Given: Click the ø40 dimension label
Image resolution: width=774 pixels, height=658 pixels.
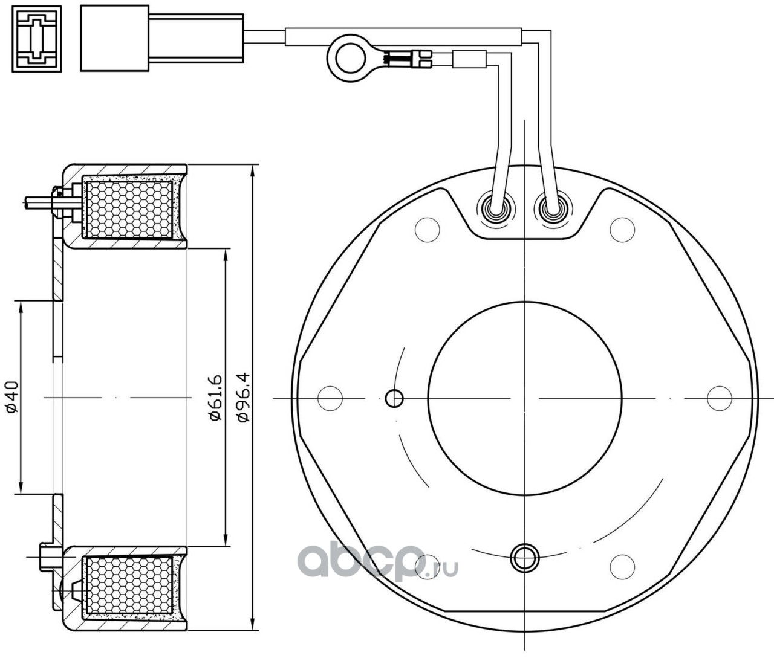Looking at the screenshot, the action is (13, 397).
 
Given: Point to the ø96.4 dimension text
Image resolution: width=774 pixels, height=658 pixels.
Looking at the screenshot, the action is (244, 397).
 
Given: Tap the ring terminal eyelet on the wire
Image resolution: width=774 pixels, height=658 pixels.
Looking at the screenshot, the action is (343, 58).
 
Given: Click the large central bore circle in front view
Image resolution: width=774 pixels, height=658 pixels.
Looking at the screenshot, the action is (525, 399).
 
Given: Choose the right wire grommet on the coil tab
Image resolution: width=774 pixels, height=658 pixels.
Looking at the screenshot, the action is (551, 209).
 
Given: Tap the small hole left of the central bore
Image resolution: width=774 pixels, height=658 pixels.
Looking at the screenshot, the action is (394, 398).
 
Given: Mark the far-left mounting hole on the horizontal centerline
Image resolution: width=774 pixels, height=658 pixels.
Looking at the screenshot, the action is (330, 398).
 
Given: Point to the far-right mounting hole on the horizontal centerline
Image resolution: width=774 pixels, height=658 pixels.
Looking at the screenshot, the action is (720, 398).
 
